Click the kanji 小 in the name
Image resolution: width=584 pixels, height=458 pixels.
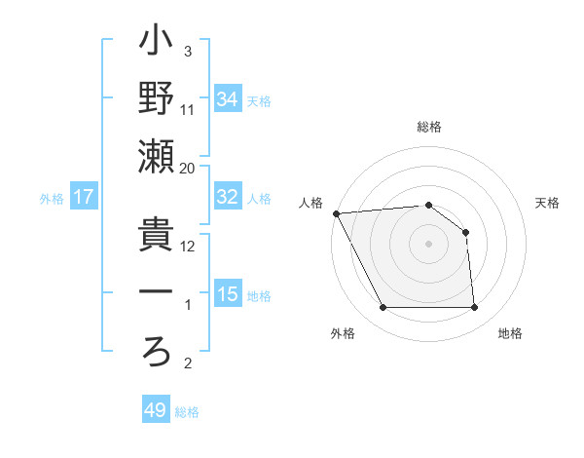(157, 43)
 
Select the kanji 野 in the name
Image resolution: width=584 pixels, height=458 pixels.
(157, 99)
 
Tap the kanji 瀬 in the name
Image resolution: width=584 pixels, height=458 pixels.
(157, 157)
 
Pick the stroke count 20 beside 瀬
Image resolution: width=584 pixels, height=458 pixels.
(188, 168)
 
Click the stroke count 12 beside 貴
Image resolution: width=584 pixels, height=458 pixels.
(188, 246)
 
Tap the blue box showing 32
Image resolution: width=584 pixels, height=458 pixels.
(228, 197)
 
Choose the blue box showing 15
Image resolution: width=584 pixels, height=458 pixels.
(228, 294)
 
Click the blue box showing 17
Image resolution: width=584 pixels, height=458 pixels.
(84, 197)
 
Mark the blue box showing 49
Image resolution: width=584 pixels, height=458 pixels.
(156, 410)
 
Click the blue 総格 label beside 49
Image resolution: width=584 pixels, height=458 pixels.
(187, 412)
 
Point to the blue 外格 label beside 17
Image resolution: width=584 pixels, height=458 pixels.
(52, 199)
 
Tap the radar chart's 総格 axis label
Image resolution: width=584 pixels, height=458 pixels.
(428, 128)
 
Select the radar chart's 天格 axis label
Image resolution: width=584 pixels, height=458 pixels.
(548, 203)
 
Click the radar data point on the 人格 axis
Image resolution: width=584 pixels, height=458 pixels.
(336, 213)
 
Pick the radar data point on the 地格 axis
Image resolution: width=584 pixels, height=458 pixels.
(475, 308)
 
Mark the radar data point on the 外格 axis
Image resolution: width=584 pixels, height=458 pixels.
(383, 308)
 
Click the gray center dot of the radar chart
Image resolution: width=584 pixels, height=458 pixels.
(428, 244)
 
